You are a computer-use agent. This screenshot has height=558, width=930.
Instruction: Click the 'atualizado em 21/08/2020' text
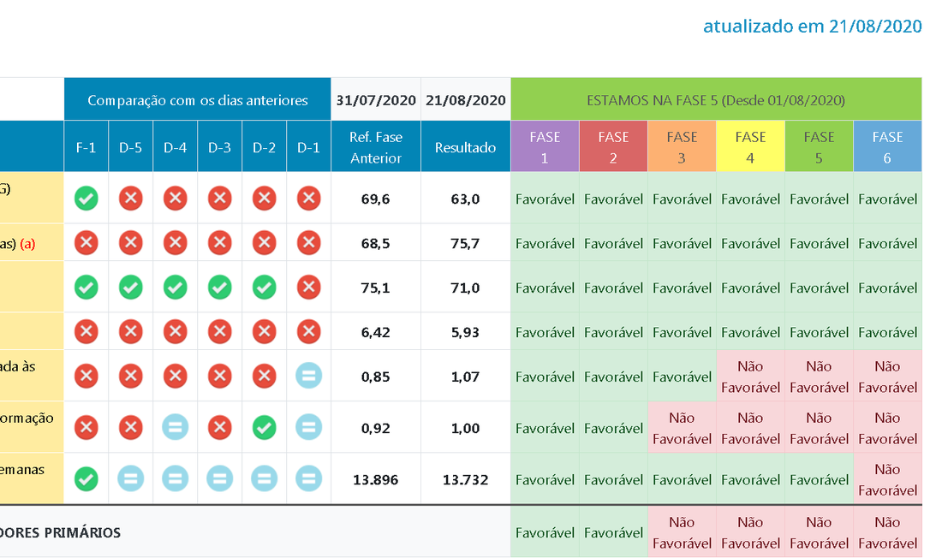[x=812, y=26]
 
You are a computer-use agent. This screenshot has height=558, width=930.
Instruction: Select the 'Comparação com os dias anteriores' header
[x=197, y=100]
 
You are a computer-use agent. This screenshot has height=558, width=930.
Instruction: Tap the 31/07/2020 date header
[x=375, y=100]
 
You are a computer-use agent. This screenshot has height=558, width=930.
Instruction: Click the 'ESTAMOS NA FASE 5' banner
[x=716, y=100]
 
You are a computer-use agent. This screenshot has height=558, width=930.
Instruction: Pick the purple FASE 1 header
[x=545, y=147]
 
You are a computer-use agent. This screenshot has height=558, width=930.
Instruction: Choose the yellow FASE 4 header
[x=750, y=147]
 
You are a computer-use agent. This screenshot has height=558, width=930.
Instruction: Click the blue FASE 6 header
[x=887, y=147]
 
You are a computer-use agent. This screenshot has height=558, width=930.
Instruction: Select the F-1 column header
[x=86, y=147]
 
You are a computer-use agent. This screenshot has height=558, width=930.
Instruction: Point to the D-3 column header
[x=219, y=147]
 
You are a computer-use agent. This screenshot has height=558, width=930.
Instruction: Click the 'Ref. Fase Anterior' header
[x=375, y=147]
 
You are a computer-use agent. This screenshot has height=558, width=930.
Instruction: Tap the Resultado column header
[x=465, y=147]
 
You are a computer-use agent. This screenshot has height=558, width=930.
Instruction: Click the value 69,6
[x=375, y=199]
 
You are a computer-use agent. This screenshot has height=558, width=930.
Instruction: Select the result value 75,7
[x=465, y=243]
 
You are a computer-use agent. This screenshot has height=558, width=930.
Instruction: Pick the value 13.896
[x=375, y=479]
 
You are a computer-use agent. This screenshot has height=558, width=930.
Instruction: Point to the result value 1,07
[x=465, y=377]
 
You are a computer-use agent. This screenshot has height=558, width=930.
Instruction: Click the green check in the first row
[x=86, y=199]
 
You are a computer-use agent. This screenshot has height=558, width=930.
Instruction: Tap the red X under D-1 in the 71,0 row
[x=308, y=288]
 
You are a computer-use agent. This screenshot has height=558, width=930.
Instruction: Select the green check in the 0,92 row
[x=264, y=427]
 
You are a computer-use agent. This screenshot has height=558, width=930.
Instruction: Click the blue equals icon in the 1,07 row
[x=308, y=377]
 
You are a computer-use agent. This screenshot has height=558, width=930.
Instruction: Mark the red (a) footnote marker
[x=28, y=243]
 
